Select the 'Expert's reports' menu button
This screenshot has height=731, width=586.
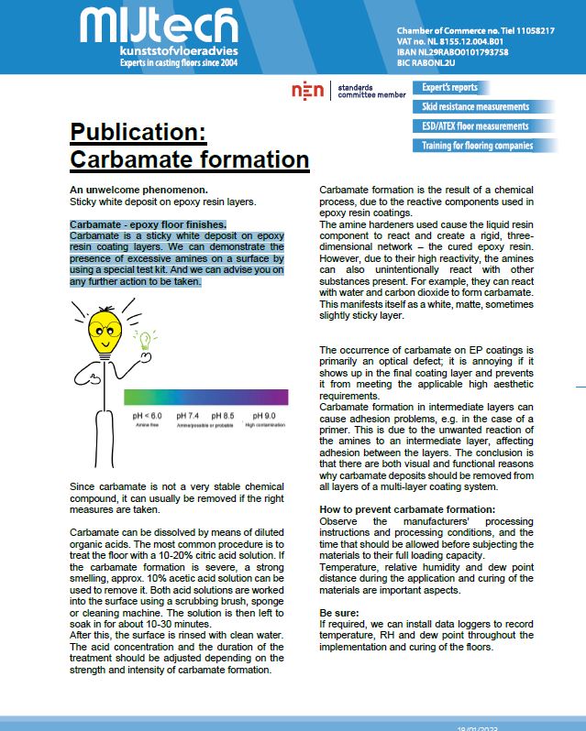click(450, 88)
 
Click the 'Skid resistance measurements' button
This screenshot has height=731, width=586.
click(475, 107)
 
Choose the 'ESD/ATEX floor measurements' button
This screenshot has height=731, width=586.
click(475, 126)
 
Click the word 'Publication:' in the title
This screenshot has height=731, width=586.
click(138, 134)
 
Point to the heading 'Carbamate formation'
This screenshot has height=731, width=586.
click(189, 159)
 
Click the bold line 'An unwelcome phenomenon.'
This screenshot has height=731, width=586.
click(132, 189)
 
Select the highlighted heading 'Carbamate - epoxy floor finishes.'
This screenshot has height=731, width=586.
click(148, 224)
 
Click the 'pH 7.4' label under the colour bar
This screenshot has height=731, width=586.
click(187, 416)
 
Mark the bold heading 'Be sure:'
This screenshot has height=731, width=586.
click(338, 611)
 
